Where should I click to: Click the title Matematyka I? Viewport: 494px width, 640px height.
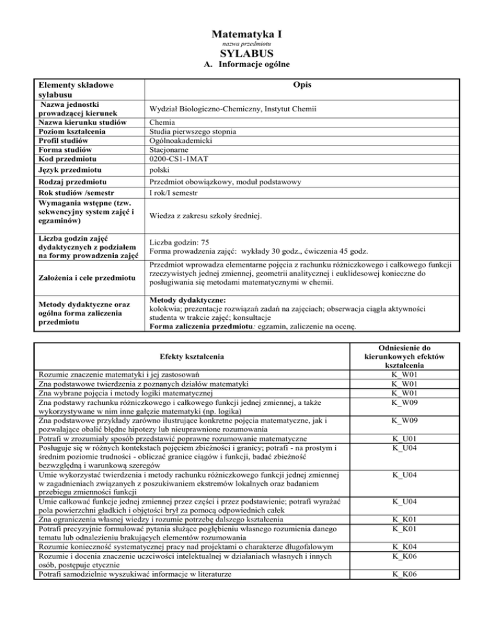click(248, 33)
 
